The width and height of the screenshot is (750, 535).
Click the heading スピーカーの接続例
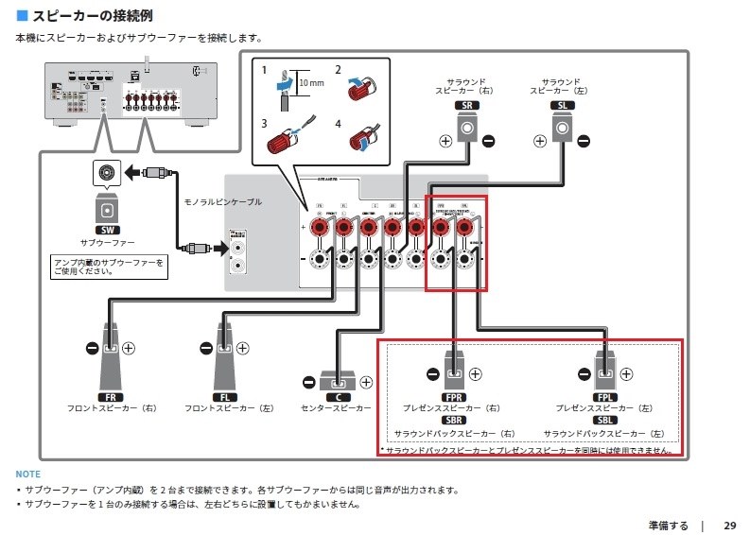[x=90, y=17]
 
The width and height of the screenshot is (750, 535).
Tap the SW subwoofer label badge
[x=106, y=230]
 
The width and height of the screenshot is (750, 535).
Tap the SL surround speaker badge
[x=561, y=107]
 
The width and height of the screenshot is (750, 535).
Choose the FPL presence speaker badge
[x=606, y=396]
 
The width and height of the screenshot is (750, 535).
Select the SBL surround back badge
[x=606, y=420]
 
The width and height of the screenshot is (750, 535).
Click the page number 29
[x=729, y=525]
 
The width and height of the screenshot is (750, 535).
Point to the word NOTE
[x=28, y=474]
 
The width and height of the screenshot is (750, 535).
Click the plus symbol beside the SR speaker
[x=445, y=142]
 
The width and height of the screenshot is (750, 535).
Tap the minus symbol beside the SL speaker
[x=584, y=142]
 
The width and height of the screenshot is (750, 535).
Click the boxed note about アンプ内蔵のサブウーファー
[x=108, y=267]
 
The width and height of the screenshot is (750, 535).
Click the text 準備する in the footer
[x=668, y=525]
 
